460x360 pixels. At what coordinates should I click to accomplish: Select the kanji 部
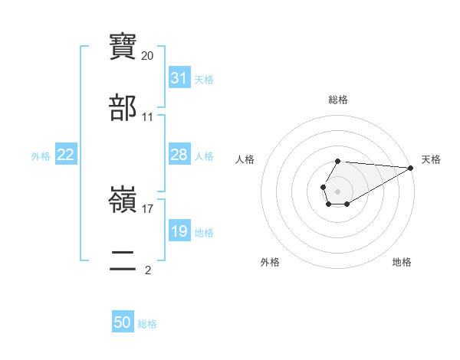click(123, 108)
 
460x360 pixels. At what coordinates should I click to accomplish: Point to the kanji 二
click(123, 261)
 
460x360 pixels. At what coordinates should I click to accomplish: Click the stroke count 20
click(148, 56)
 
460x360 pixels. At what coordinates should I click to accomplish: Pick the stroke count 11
click(148, 117)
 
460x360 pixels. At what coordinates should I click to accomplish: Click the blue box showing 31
click(179, 78)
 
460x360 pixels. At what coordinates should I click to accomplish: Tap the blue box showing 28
click(179, 155)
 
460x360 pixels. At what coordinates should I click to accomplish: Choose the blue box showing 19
click(179, 231)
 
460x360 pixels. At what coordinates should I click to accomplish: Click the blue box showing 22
click(66, 155)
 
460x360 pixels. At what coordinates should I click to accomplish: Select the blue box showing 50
click(123, 323)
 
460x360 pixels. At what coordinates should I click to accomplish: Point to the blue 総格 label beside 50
click(147, 324)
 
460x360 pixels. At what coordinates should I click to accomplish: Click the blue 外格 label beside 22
click(41, 155)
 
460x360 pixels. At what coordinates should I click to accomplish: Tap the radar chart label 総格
click(338, 100)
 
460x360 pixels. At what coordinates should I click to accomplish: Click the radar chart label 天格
click(432, 159)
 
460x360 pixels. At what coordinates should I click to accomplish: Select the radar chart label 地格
click(402, 262)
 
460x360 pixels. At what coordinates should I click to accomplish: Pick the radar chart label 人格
click(245, 159)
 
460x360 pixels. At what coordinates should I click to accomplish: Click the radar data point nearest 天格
click(410, 167)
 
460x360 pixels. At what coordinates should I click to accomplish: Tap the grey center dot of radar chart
click(337, 190)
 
